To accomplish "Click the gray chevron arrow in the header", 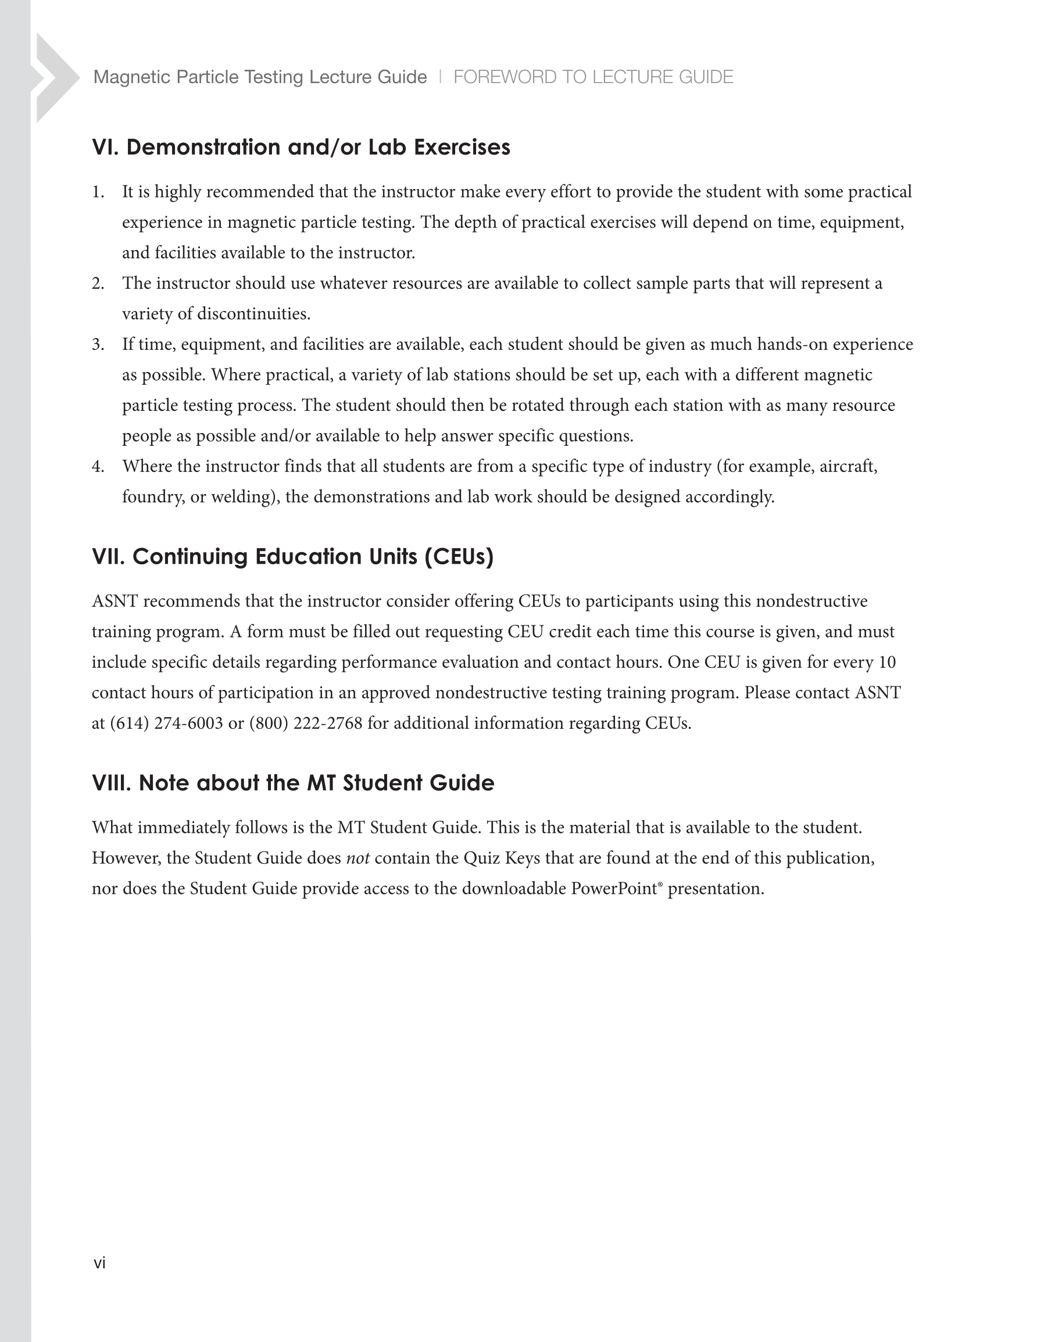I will [x=55, y=78].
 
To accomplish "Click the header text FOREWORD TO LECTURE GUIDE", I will [x=592, y=77].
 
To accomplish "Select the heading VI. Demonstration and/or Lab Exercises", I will [x=301, y=148].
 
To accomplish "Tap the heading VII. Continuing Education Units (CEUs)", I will [x=292, y=557].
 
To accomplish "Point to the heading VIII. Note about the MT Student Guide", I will [x=292, y=783].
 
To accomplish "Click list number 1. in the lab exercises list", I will [x=98, y=192].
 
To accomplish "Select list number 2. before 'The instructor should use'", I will [x=98, y=284].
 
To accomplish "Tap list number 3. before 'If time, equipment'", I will [x=98, y=345].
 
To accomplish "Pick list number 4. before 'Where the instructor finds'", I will [x=98, y=467].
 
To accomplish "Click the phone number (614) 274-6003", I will [x=166, y=723].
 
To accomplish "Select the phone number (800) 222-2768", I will [x=306, y=723].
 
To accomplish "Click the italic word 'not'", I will [x=357, y=858].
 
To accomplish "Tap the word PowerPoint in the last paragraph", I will [x=613, y=889].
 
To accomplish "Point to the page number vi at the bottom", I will [x=99, y=1263].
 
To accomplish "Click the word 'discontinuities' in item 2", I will [x=252, y=314].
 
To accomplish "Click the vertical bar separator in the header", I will [x=440, y=77].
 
